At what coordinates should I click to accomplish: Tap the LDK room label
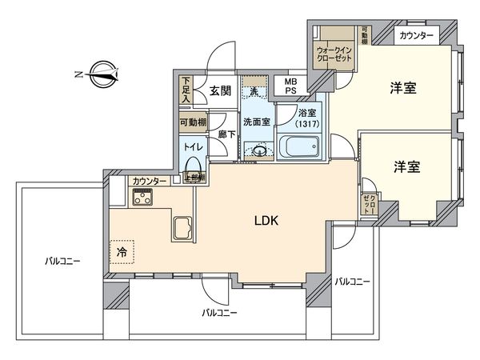pos(266,222)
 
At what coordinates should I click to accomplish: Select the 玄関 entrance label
pos(222,90)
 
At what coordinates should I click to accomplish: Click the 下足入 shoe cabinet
pos(186,87)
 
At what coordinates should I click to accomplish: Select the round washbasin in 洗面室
pos(259,150)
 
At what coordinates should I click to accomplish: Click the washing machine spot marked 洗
pos(254,90)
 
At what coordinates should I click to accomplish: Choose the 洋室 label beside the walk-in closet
pos(403,88)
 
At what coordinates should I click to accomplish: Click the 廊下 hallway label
pos(226,134)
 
